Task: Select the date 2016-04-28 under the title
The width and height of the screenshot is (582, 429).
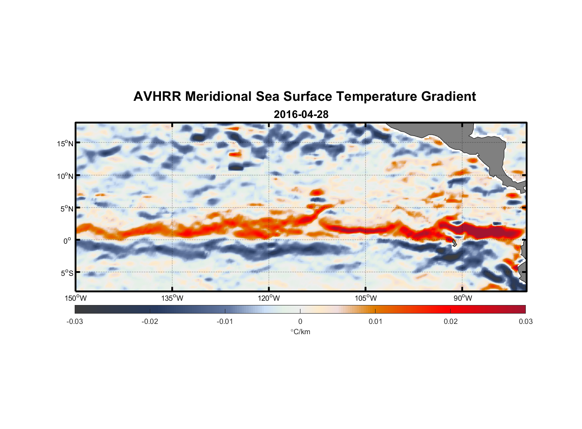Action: point(301,115)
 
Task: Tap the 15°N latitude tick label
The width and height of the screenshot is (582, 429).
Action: point(65,143)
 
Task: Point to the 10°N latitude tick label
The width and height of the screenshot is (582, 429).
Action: point(65,176)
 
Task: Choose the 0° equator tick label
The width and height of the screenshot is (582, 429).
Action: point(67,241)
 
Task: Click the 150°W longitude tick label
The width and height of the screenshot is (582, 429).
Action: point(76,298)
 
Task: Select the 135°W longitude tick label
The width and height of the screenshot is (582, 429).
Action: point(173,298)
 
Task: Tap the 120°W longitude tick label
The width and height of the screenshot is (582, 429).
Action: point(269,298)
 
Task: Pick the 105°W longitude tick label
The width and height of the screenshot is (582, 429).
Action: point(366,298)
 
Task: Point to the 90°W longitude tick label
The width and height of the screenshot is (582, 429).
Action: point(463,298)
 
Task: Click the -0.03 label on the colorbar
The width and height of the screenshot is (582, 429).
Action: point(75,321)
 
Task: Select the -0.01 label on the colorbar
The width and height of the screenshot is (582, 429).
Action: point(225,321)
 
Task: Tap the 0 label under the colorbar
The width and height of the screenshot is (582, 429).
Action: point(300,321)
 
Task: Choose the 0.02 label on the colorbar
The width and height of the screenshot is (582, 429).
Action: point(451,321)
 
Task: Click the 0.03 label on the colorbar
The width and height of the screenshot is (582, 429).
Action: point(525,321)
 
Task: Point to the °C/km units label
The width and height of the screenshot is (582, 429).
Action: point(300,332)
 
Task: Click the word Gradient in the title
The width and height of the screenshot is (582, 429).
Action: point(449,97)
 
